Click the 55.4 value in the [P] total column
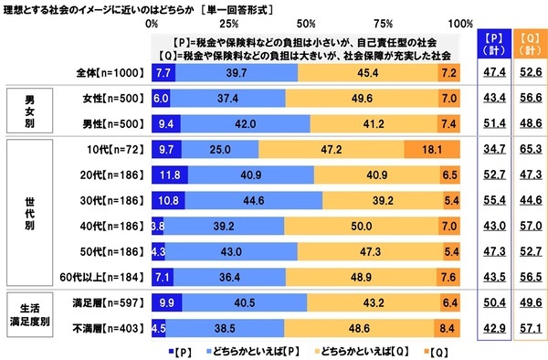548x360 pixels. coord(493,196)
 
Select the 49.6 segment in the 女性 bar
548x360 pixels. coord(361,96)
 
